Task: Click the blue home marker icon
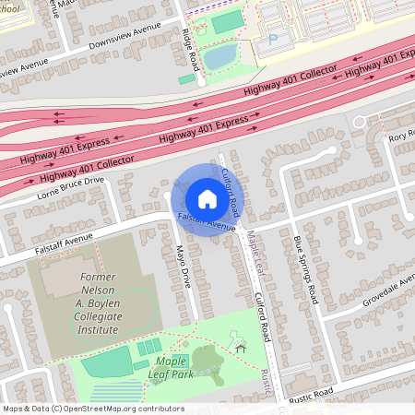[x=207, y=199]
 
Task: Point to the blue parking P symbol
[x=271, y=40]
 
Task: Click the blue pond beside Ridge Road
[x=219, y=57]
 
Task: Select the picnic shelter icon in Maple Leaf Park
[x=242, y=347]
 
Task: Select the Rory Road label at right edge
[x=401, y=138]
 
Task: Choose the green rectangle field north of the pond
[x=222, y=22]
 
